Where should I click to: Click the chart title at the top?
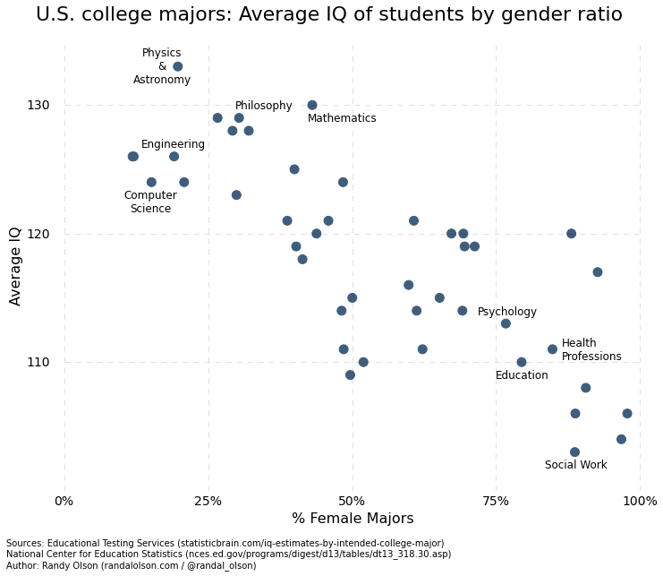(328, 15)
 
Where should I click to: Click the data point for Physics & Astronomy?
(177, 66)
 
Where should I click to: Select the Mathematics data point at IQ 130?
(312, 105)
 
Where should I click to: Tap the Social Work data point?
(574, 452)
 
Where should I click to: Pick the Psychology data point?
(506, 323)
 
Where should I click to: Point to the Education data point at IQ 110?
(522, 362)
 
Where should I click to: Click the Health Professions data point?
(552, 349)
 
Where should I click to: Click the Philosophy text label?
(263, 106)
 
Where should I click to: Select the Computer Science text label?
(150, 202)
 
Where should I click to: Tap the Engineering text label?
(173, 144)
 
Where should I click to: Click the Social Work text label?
(575, 465)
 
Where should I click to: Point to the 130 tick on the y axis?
(38, 105)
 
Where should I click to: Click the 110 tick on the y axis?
(38, 362)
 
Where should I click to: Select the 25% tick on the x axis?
(208, 501)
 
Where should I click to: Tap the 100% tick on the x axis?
(639, 501)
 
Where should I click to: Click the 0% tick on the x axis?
(64, 501)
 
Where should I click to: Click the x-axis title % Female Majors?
(353, 519)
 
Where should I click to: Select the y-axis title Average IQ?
(15, 266)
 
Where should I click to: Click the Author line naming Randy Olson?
(131, 566)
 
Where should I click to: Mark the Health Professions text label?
(591, 350)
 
